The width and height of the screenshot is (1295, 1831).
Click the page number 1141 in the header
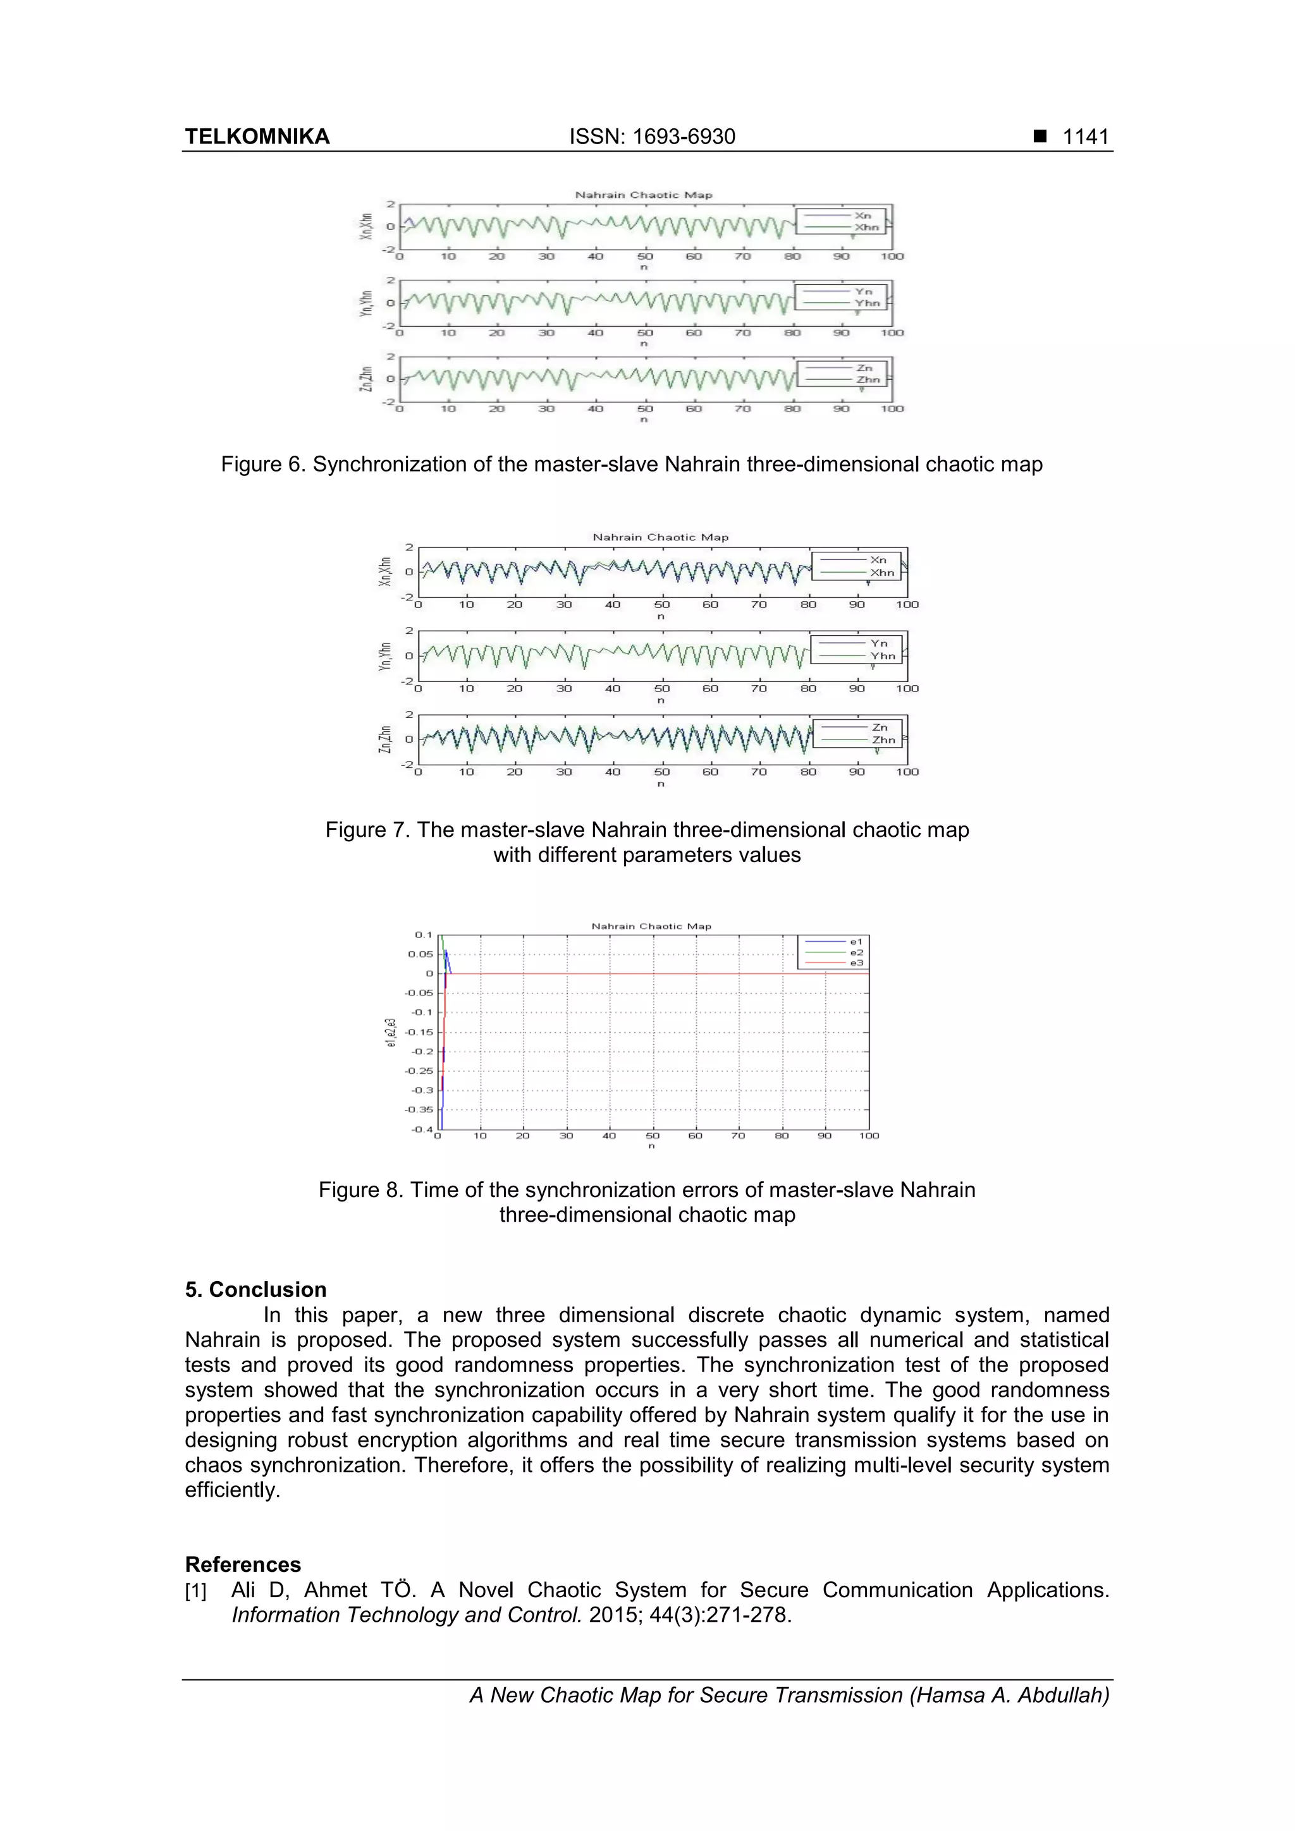tap(1085, 137)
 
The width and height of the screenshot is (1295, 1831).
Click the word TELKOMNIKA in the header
tap(257, 137)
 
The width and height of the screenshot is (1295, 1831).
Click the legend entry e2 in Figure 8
tap(856, 952)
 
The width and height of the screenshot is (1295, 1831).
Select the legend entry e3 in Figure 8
tap(856, 963)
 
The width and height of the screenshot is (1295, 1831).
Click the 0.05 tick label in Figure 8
tap(420, 954)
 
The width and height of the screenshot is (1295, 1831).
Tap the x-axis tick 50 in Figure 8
tap(652, 1136)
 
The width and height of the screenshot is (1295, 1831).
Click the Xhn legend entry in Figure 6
tap(866, 228)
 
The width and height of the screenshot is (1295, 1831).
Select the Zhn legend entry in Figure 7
tap(883, 740)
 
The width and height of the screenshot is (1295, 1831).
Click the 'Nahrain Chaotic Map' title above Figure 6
tap(643, 195)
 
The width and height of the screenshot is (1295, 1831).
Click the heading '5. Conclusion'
tap(255, 1289)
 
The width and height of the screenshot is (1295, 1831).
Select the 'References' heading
tap(243, 1564)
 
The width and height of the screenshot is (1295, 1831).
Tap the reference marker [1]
tap(195, 1591)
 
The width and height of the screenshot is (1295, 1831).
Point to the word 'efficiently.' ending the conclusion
tap(232, 1490)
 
